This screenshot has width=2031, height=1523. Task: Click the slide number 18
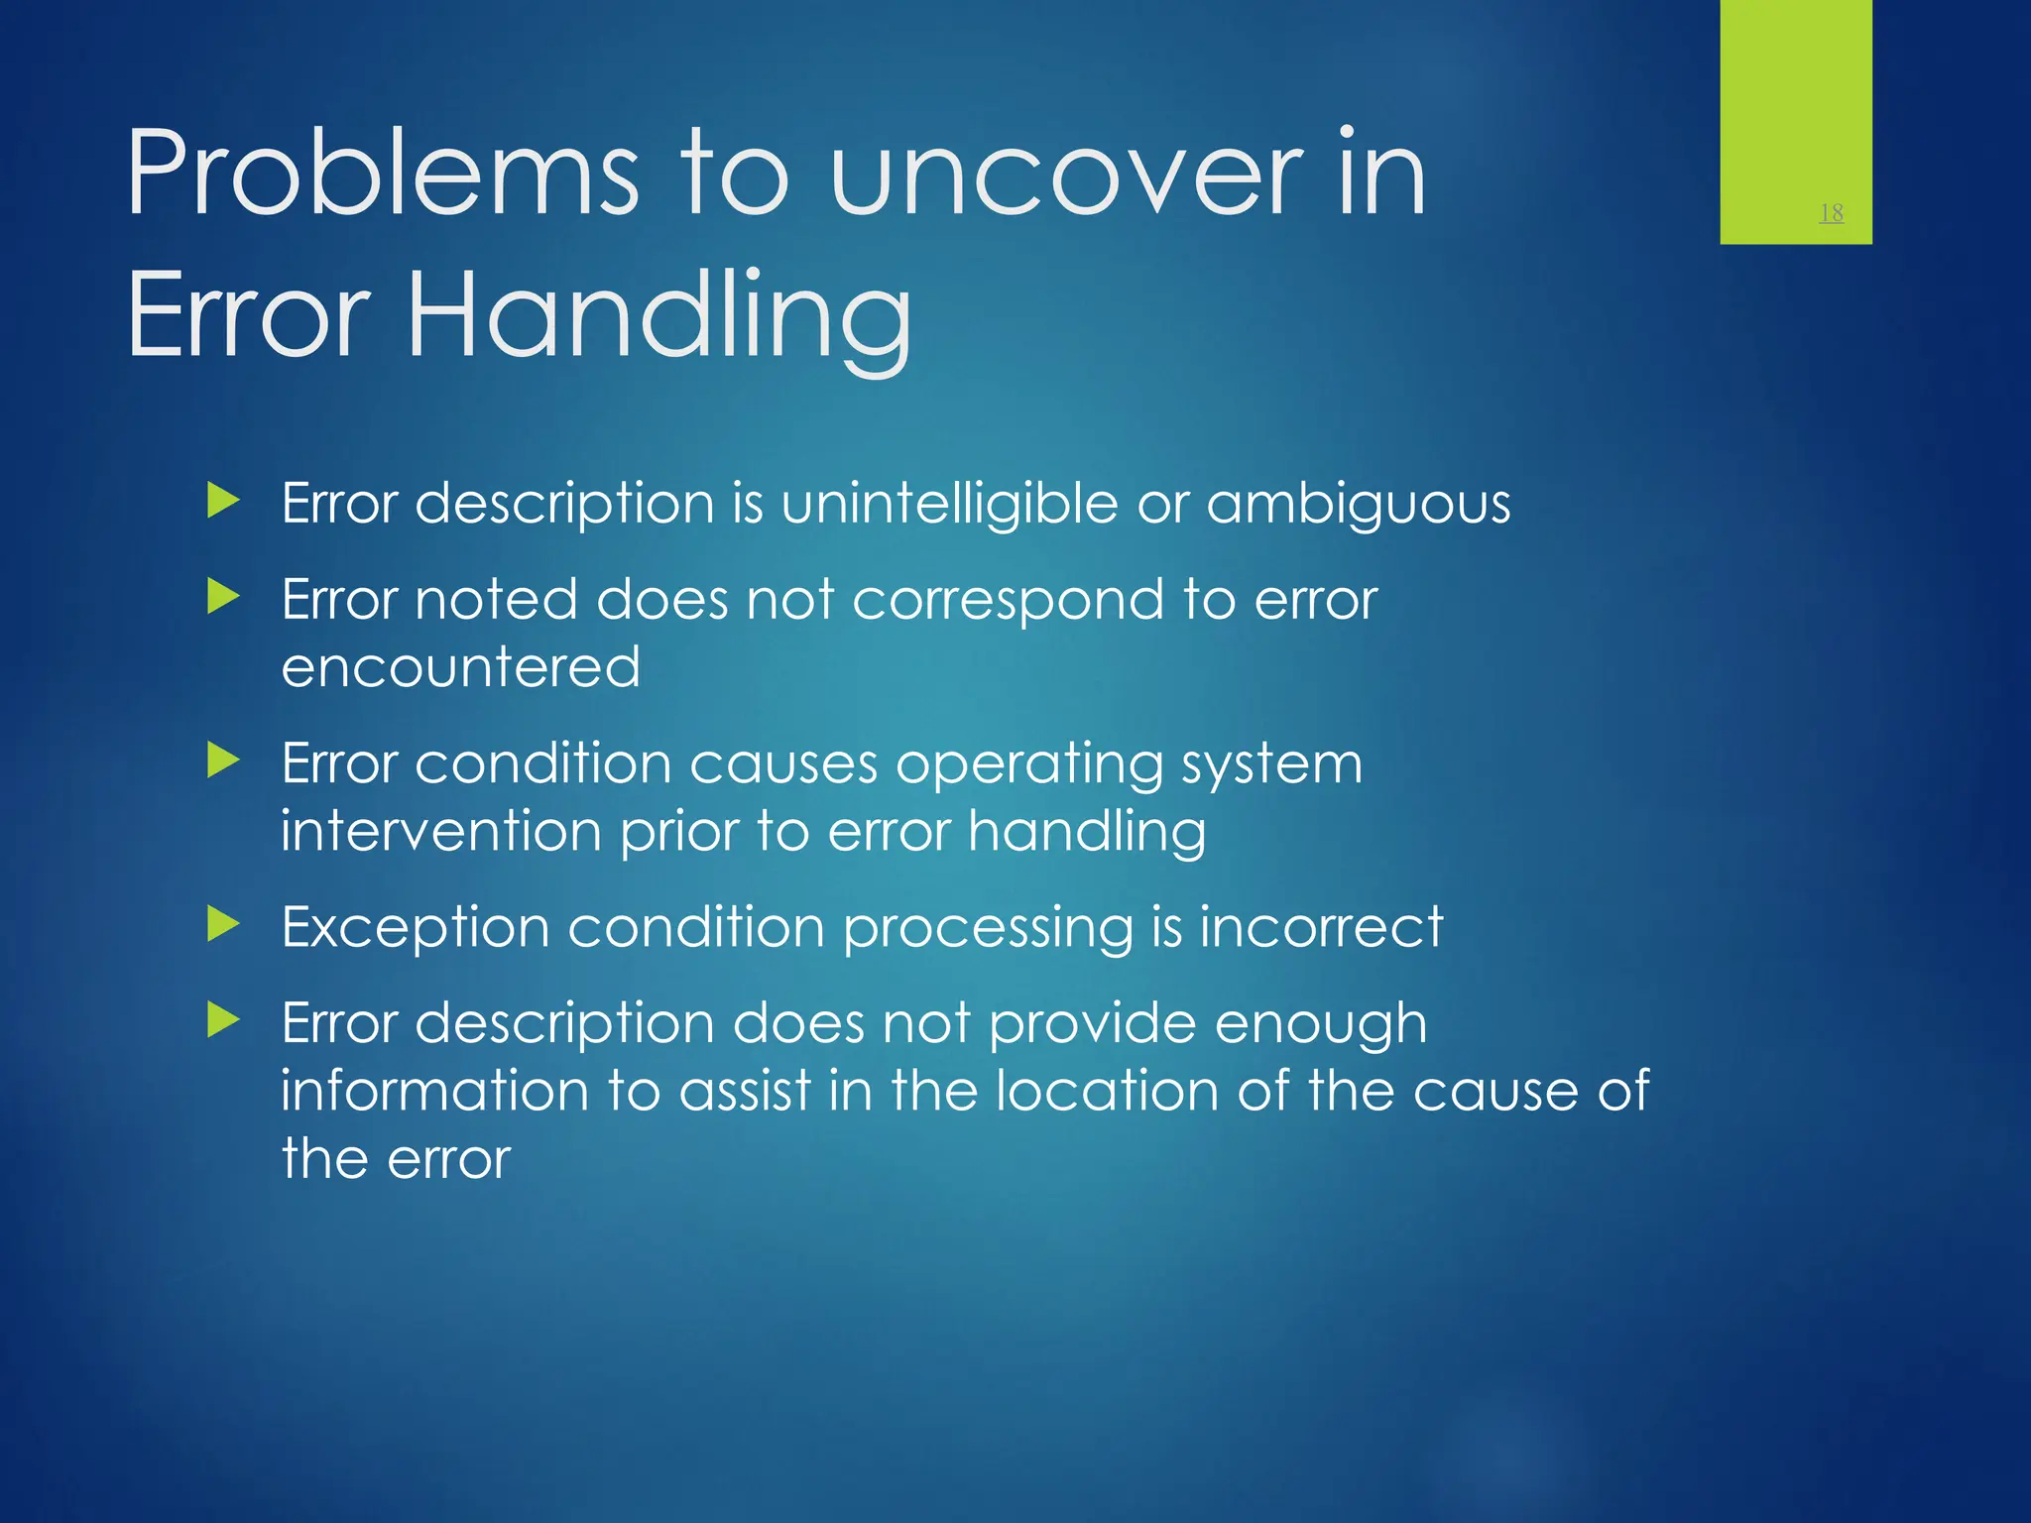coord(1831,212)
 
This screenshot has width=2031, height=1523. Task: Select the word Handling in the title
coord(658,317)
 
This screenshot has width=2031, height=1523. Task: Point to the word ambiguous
coord(1358,505)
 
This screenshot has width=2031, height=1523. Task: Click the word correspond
coord(1007,601)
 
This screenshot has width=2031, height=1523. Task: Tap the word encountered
coord(460,666)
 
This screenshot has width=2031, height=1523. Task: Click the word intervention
coord(440,830)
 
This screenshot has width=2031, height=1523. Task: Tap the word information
coord(434,1091)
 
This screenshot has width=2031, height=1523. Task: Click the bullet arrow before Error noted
coord(223,597)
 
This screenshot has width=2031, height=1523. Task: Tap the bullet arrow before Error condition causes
coord(223,761)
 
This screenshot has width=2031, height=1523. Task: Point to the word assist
coord(745,1091)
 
